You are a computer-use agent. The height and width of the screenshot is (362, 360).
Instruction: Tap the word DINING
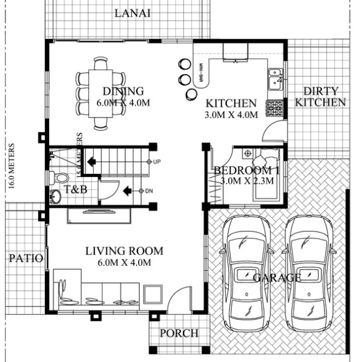click(x=123, y=91)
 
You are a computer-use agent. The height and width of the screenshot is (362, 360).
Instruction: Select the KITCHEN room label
click(x=231, y=103)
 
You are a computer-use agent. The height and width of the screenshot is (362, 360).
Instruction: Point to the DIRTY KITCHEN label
click(x=320, y=96)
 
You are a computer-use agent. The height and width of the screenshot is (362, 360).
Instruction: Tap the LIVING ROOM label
click(x=124, y=251)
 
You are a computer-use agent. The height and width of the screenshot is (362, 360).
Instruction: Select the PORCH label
click(x=179, y=333)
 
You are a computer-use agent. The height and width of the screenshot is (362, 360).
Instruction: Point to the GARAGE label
click(x=277, y=278)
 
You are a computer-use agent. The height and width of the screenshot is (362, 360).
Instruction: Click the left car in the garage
click(x=247, y=267)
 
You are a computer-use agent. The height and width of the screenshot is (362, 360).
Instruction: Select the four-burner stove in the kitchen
click(x=274, y=109)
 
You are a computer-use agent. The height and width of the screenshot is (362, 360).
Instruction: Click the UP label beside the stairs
click(x=157, y=162)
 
